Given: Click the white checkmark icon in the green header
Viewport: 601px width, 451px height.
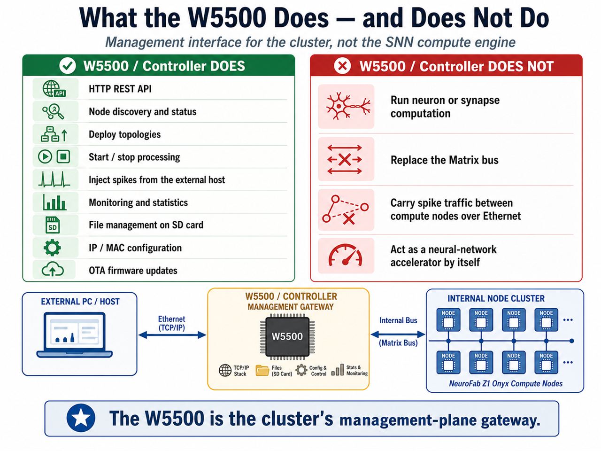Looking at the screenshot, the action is pyautogui.click(x=67, y=66).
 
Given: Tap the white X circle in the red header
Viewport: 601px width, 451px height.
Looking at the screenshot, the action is pyautogui.click(x=342, y=66).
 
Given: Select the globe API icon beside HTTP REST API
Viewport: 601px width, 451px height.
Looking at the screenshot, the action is pyautogui.click(x=54, y=89).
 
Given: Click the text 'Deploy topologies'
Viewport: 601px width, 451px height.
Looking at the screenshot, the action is pyautogui.click(x=124, y=134).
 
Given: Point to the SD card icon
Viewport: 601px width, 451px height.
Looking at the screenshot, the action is pyautogui.click(x=52, y=225).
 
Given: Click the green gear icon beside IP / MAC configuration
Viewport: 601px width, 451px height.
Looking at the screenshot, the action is pyautogui.click(x=52, y=248).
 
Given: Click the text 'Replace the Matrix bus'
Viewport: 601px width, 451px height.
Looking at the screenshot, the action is pyautogui.click(x=444, y=160).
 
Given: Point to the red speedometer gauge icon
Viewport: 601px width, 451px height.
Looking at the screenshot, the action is pyautogui.click(x=345, y=255).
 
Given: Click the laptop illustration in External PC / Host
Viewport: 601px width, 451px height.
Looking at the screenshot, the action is pyautogui.click(x=75, y=335).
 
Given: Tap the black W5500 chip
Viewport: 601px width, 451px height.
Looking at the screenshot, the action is pyautogui.click(x=287, y=336).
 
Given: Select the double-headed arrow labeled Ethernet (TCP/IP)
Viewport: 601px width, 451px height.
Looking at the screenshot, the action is pyautogui.click(x=172, y=335).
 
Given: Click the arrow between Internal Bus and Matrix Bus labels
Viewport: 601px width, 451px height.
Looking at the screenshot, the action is pyautogui.click(x=398, y=334).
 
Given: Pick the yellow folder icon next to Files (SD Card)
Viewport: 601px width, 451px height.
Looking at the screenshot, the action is pyautogui.click(x=262, y=370).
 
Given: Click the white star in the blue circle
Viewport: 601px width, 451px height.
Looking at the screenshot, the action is pyautogui.click(x=81, y=418).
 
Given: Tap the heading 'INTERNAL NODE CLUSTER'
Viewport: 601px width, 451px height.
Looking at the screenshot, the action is pyautogui.click(x=496, y=298).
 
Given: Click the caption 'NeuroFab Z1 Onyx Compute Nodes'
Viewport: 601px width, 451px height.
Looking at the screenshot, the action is pyautogui.click(x=506, y=383).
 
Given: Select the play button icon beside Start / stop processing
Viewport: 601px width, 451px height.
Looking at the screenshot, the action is pyautogui.click(x=45, y=156).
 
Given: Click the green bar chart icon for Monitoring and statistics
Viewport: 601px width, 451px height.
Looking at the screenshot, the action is pyautogui.click(x=54, y=202).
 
